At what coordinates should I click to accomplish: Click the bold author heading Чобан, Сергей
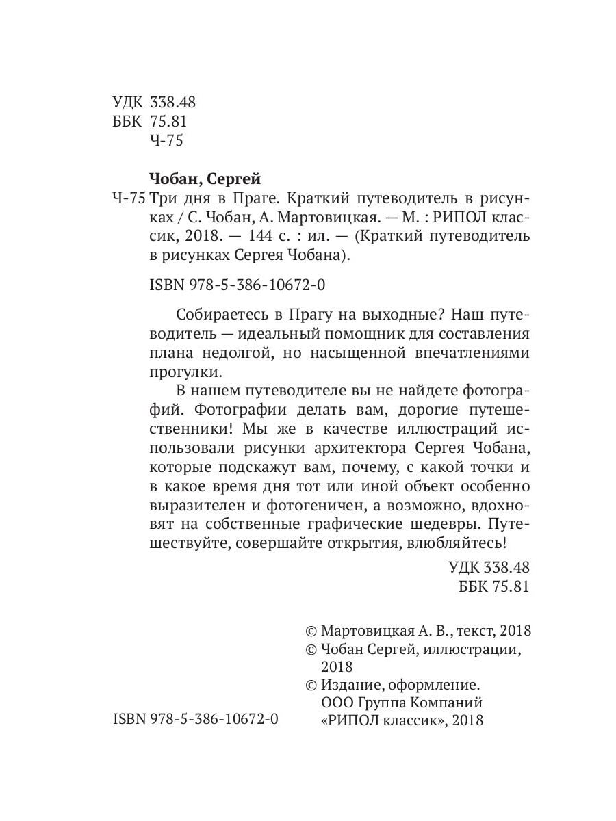pos(205,179)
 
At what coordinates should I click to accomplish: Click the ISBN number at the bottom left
pos(194,719)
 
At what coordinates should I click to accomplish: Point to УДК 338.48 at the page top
pos(154,103)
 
